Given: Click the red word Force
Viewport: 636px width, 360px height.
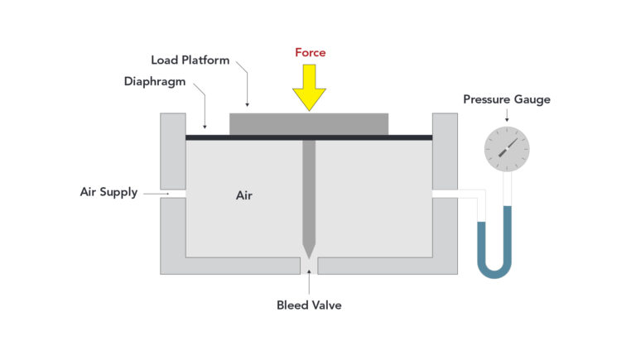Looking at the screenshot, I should (x=311, y=53).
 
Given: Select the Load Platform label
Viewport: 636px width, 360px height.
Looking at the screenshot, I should (x=190, y=60).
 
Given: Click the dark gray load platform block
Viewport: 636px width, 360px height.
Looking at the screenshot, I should (x=308, y=123).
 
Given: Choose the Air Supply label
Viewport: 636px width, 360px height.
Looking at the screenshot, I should (x=108, y=192).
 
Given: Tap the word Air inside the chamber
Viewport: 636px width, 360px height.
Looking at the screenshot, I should (x=243, y=196).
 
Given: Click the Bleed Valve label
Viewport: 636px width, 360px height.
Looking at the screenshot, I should (x=308, y=305).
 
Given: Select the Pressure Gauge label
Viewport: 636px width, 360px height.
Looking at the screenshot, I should (x=506, y=100).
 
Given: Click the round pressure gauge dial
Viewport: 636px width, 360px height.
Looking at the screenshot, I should (x=506, y=150).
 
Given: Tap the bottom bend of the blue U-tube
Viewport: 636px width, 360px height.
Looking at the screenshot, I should (x=495, y=271).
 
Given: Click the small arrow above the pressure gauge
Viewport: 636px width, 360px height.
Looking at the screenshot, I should (x=506, y=118).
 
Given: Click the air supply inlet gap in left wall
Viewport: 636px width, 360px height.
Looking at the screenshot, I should (x=173, y=193).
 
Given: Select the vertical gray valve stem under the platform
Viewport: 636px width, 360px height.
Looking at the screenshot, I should (x=309, y=190).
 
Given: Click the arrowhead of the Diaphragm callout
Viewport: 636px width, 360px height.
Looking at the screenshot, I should (x=205, y=128).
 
